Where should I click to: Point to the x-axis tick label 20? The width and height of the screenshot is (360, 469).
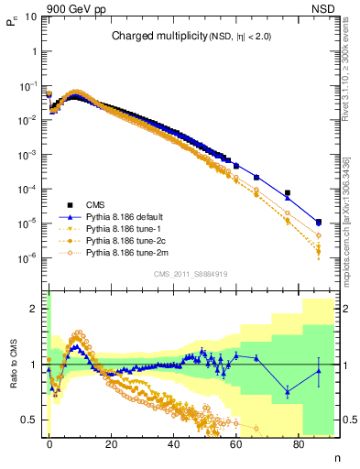point(111,442)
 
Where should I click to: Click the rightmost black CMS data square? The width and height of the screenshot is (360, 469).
point(318,222)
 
